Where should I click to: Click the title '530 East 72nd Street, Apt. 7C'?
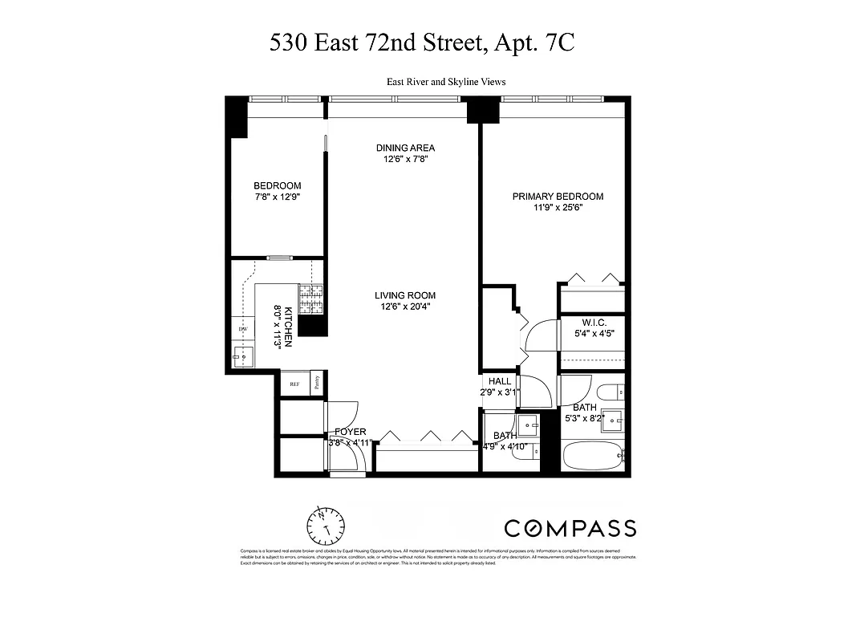click(422, 43)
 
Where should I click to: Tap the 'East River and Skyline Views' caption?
click(446, 82)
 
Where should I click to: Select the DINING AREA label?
click(406, 148)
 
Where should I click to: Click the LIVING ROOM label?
click(406, 295)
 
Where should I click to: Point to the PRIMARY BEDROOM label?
click(558, 197)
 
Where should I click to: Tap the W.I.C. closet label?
click(594, 321)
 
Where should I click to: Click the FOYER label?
click(350, 432)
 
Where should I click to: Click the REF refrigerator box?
click(294, 384)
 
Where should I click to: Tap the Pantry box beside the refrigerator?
click(317, 383)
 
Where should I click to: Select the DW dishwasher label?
click(241, 330)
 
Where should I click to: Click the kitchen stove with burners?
click(310, 298)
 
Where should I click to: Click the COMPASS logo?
click(570, 528)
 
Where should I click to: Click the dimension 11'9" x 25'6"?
click(558, 208)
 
